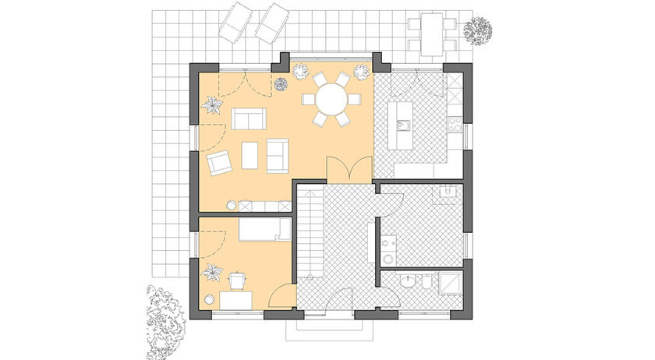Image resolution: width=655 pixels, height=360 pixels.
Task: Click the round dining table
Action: click(332, 99)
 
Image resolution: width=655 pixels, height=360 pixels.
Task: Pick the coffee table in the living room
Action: click(251, 153)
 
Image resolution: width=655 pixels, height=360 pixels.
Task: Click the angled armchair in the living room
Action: click(220, 163)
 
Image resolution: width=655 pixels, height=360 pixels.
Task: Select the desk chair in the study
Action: click(235, 279)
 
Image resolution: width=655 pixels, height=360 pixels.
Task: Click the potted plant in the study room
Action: click(211, 274)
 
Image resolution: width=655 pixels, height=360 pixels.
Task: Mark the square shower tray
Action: click(451, 284)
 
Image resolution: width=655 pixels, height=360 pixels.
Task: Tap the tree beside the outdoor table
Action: click(476, 30)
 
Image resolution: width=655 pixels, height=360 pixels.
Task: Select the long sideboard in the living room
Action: click(264, 205)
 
